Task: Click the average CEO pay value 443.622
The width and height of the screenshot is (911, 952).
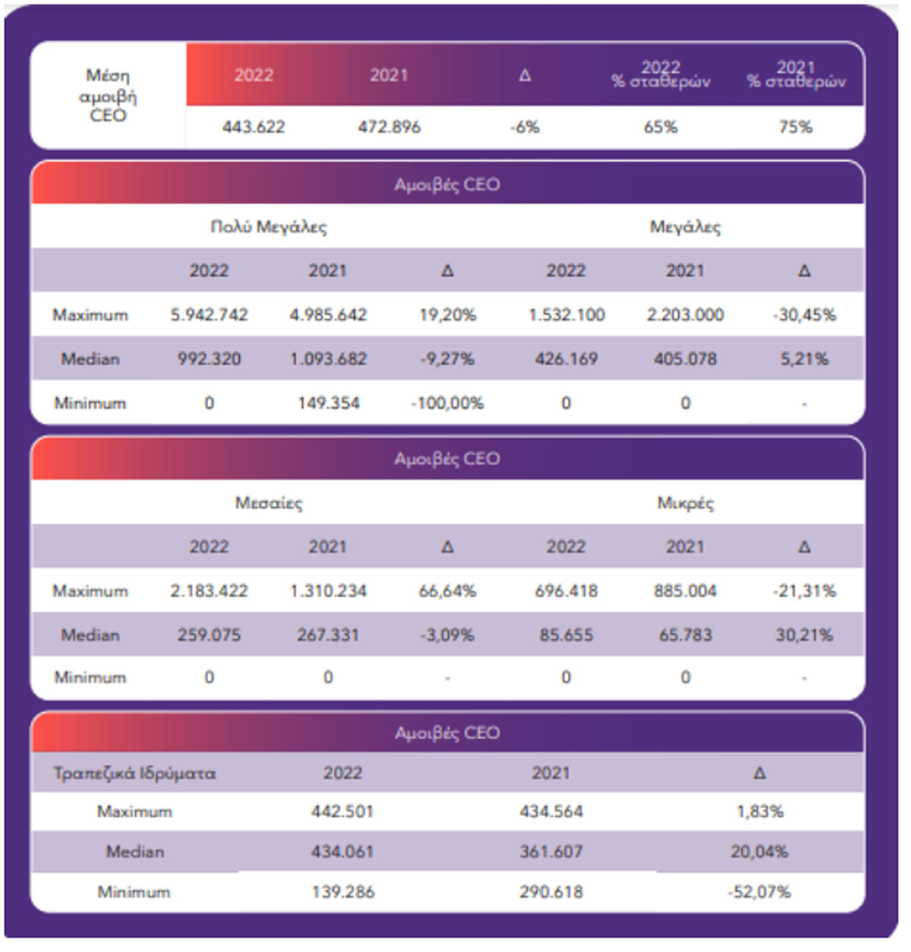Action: pos(254,128)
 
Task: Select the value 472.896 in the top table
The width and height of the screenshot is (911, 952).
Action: pos(389,128)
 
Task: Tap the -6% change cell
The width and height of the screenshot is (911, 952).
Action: pos(525,128)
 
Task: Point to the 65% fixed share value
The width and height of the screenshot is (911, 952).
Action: pos(660,128)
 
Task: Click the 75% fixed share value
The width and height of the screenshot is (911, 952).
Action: pos(796,128)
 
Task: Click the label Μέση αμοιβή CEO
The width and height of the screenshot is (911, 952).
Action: pos(108,96)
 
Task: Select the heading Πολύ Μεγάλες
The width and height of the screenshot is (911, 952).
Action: pos(269,227)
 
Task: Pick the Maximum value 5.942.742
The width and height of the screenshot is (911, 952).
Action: pos(209,314)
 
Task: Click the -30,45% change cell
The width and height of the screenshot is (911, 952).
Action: pos(805,314)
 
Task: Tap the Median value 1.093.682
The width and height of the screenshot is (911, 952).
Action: pos(328,359)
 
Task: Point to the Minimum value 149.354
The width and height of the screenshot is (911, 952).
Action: pos(328,403)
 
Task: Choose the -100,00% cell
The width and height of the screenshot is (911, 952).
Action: pos(447,403)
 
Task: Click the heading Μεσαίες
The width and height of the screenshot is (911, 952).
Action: pos(269,503)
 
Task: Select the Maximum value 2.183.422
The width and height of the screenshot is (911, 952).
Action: pos(209,591)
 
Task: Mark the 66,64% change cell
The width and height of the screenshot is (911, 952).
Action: pos(447,591)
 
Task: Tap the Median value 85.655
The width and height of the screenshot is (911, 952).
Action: pos(566,635)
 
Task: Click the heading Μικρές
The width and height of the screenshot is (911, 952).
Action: pos(686,503)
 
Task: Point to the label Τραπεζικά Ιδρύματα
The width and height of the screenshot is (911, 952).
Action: pos(134,774)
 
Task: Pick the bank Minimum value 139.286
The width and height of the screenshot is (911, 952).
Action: pos(343,892)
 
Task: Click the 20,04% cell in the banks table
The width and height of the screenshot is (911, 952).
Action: pos(759,852)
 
